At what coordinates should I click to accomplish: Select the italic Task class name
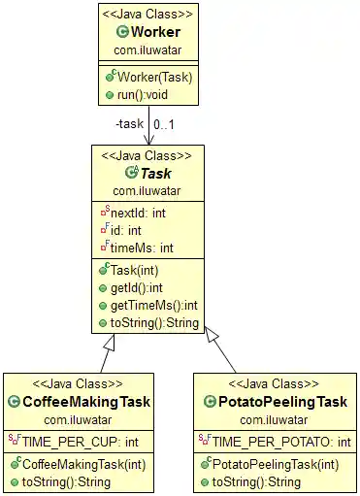point(156,172)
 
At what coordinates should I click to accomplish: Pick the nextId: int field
point(137,213)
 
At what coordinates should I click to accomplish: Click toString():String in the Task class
point(154,323)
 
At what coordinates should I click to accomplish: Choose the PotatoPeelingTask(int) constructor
point(276,464)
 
